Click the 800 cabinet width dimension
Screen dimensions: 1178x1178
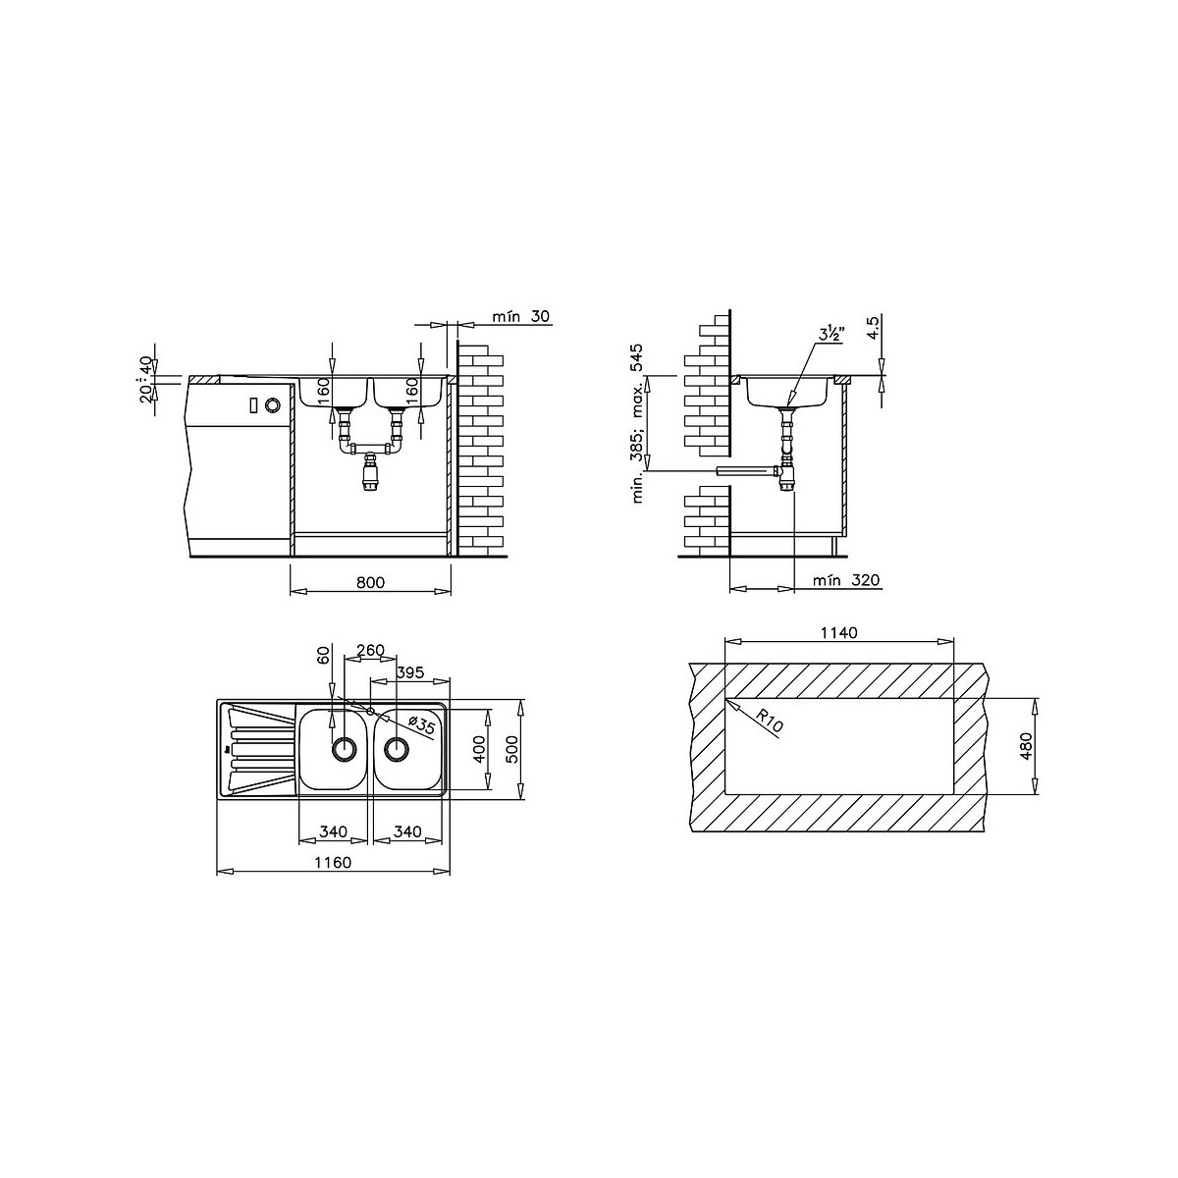370,582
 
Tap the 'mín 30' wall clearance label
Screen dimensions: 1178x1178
521,316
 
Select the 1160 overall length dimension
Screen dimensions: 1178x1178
333,862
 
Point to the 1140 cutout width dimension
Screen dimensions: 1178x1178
838,633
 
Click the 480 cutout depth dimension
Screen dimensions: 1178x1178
1027,746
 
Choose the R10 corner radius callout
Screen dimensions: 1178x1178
769,721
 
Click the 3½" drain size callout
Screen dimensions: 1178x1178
831,335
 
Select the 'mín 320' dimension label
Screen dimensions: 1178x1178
846,580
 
